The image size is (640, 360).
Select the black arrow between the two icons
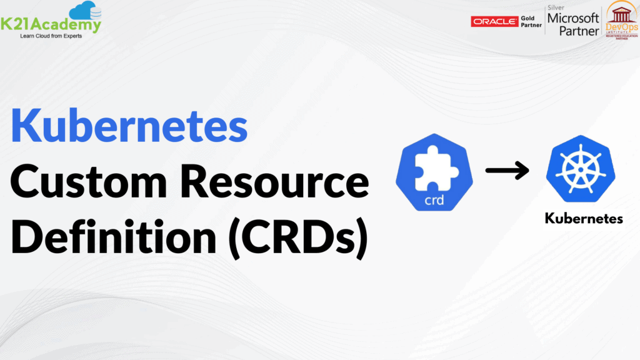click(507, 171)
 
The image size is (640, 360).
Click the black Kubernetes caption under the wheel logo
click(584, 219)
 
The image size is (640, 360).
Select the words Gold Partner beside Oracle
click(532, 22)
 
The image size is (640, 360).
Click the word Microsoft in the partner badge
click(573, 18)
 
